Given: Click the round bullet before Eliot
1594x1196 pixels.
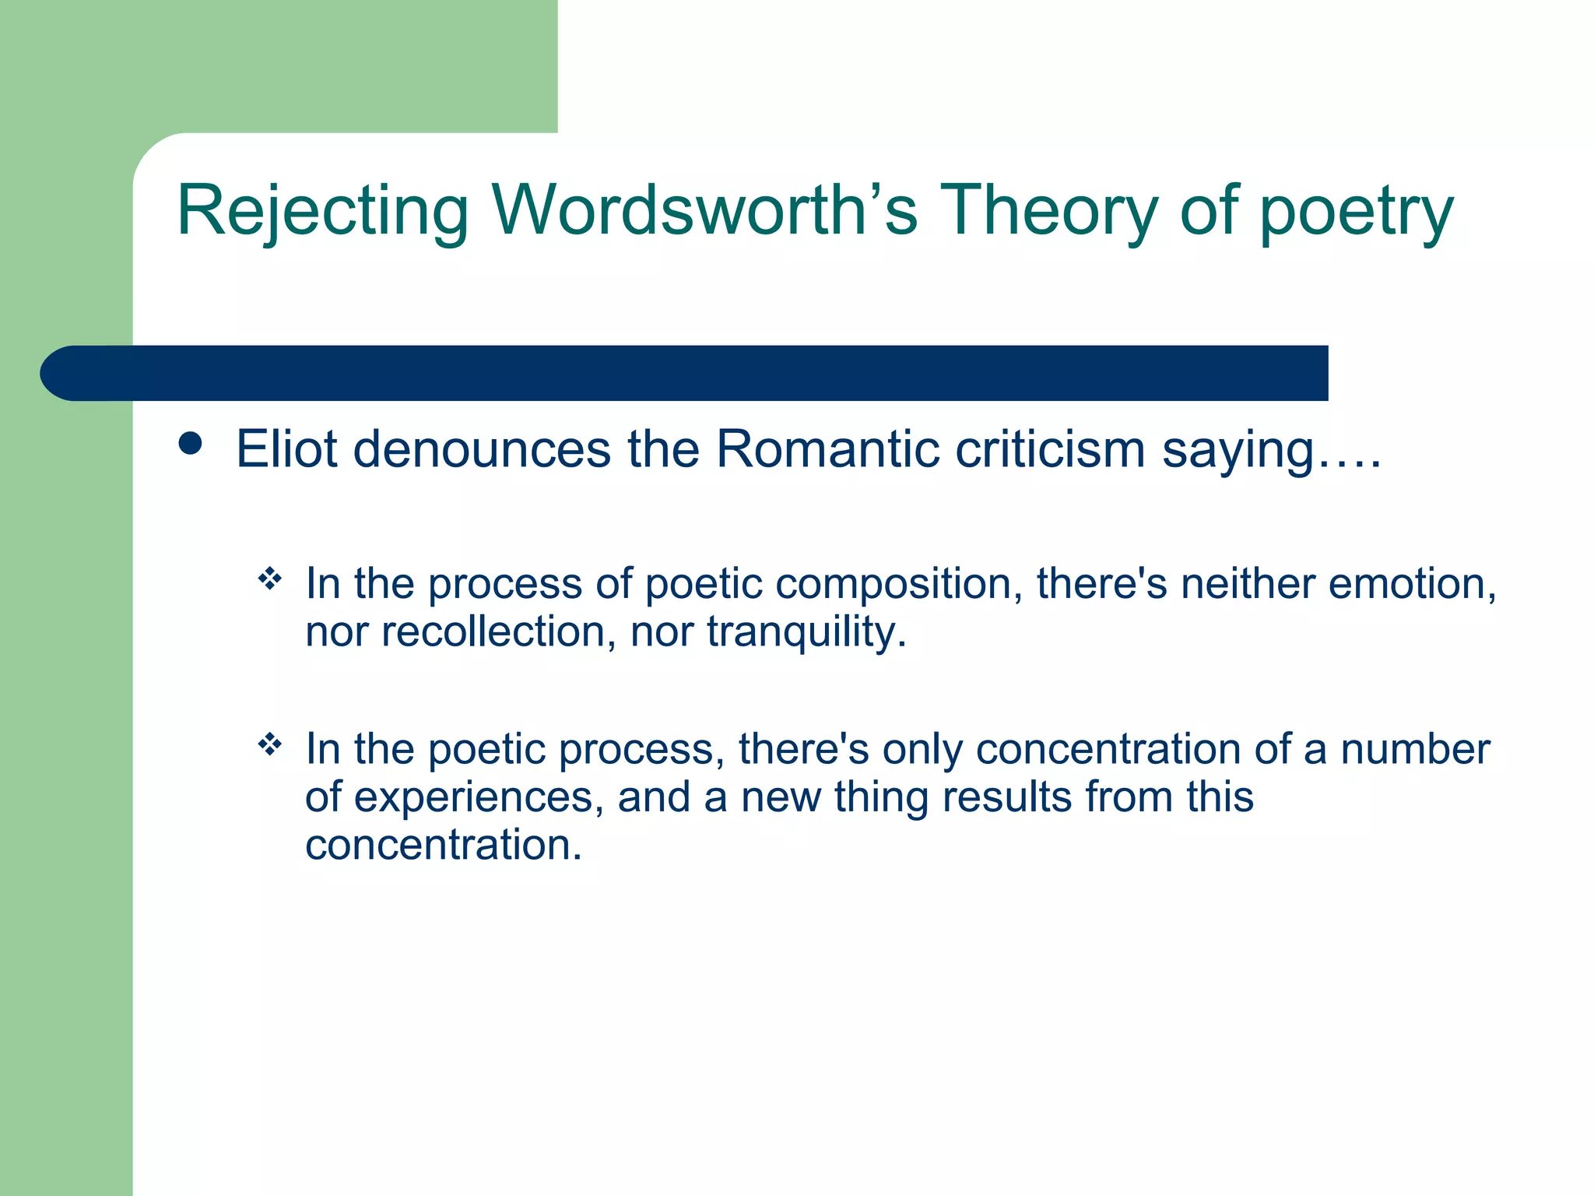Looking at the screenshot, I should [x=190, y=444].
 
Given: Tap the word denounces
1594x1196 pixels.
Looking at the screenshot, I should [x=482, y=449].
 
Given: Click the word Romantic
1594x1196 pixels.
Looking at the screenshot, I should [x=826, y=449].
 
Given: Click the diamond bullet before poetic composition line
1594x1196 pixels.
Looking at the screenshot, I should [x=269, y=579].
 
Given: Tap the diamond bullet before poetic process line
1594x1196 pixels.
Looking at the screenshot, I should [x=269, y=744].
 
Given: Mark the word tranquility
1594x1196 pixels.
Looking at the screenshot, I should [x=806, y=632].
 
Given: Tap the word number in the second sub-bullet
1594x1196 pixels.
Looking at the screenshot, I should [x=1414, y=749].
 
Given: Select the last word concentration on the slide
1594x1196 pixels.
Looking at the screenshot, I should [x=443, y=845].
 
